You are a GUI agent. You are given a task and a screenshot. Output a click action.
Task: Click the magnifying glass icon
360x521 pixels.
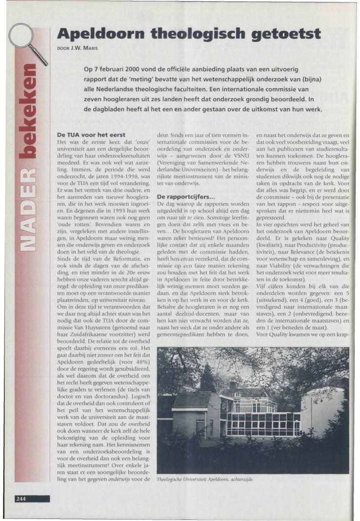pyautogui.click(x=27, y=41)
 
